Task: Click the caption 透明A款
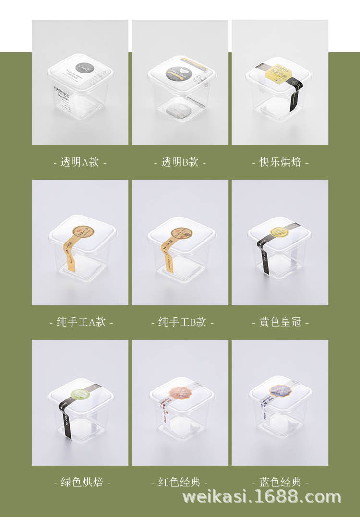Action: [80, 162]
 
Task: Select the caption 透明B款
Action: [180, 162]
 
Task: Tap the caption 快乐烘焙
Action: [280, 162]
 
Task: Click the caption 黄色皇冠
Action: [280, 322]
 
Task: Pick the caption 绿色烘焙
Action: [82, 482]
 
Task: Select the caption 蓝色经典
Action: [280, 482]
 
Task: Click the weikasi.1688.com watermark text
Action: [262, 497]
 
